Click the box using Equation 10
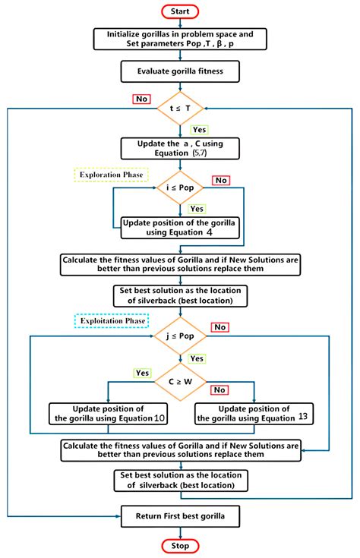point(108,413)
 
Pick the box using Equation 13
point(254,413)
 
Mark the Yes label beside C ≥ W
point(142,373)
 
